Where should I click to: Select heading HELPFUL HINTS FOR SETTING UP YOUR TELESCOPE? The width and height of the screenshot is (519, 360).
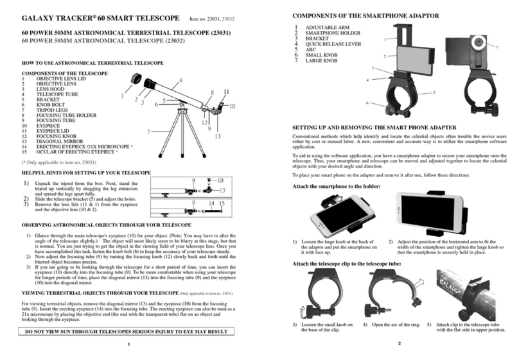(x=87, y=173)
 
